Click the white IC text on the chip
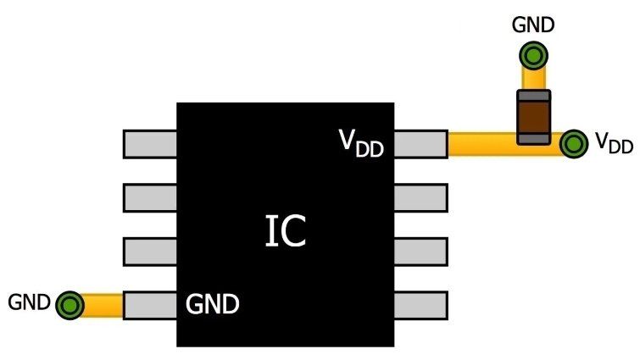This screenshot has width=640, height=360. pos(285,232)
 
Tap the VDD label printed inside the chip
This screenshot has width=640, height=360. pos(362,144)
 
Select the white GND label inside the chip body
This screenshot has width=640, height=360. pos(211,302)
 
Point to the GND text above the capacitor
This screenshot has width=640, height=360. pos(533,25)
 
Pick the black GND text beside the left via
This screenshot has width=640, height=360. pos(29,302)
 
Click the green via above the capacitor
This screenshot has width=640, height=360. pos(533,57)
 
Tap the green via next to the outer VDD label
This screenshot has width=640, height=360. pos(575,144)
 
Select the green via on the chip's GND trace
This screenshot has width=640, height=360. pos(70,304)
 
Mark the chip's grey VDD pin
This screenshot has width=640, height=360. pos(420,144)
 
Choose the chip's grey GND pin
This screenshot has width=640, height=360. pos(150,305)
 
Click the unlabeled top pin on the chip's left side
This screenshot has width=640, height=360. pos(150,144)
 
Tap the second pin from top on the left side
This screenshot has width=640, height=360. pos(150,197)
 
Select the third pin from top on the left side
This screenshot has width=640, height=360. pos(150,252)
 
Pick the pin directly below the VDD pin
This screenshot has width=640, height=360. pos(420,197)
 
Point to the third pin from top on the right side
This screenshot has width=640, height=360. pos(420,252)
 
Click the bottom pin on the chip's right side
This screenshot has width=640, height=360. pos(420,305)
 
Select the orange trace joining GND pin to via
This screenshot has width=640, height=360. pos(103,304)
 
